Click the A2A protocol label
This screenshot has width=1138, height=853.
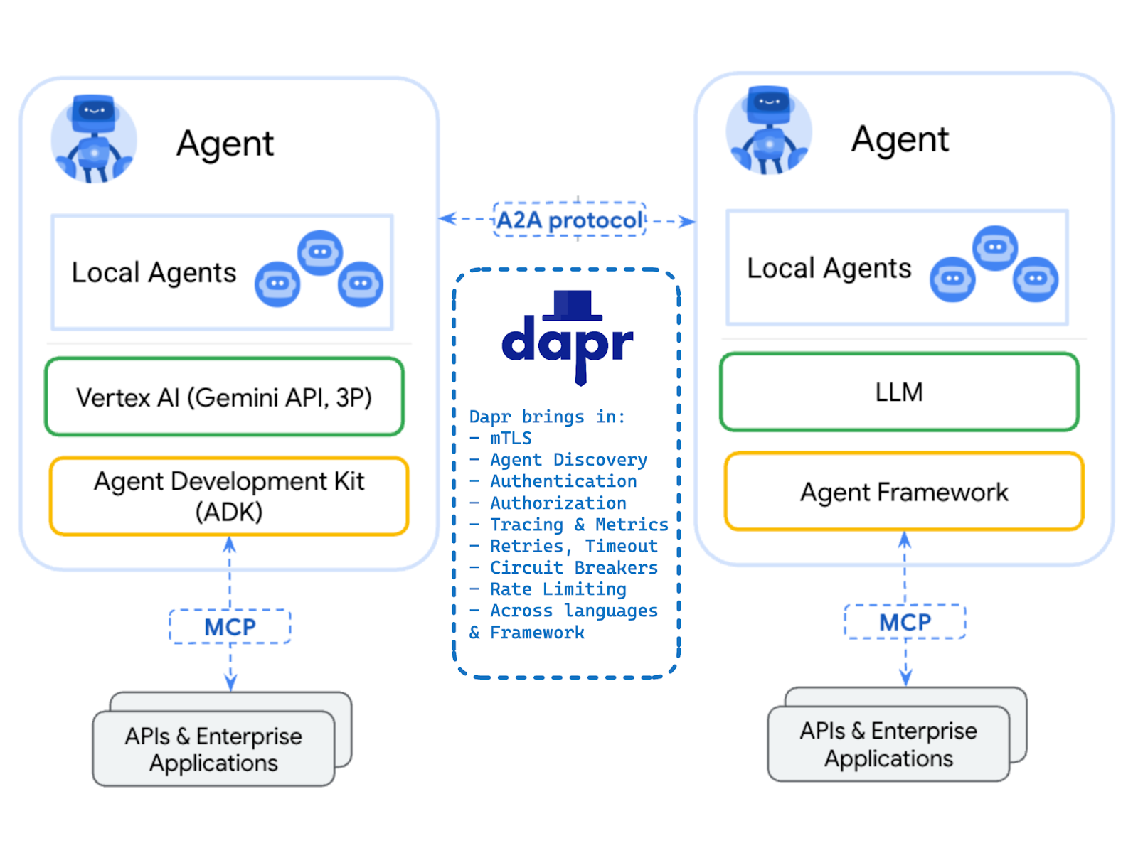[569, 220]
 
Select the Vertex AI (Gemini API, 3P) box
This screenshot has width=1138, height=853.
[224, 397]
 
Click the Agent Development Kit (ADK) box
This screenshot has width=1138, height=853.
[229, 496]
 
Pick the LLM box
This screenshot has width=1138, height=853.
[899, 392]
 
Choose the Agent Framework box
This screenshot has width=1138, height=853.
[904, 492]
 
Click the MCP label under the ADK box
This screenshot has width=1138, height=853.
[230, 627]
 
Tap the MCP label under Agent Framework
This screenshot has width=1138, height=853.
[905, 622]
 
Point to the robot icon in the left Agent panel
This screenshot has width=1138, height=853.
[94, 139]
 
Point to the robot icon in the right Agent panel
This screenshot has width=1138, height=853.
[769, 132]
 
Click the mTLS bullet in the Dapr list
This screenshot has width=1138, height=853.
[510, 439]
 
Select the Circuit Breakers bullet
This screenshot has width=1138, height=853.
[573, 568]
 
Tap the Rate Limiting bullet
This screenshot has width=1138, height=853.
[558, 589]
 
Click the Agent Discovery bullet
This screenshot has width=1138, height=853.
[568, 460]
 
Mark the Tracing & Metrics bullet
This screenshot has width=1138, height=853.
[578, 525]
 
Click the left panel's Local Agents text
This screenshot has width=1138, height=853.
[154, 273]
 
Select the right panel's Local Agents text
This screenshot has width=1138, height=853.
[829, 269]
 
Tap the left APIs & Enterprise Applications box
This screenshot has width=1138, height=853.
[213, 749]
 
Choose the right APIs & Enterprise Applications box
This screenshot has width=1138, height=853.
[888, 744]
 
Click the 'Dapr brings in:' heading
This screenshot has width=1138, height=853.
[547, 417]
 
